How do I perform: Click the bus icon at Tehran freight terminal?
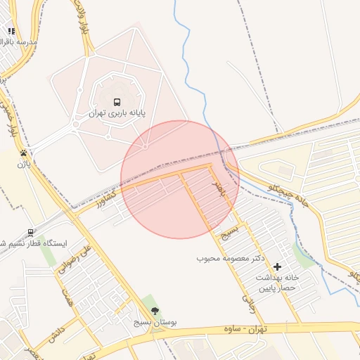[x=117, y=101]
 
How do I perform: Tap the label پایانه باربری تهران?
[x=116, y=112]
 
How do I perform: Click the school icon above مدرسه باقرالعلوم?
[x=11, y=31]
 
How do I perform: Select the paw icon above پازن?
[x=24, y=152]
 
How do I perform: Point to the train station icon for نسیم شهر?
[x=31, y=232]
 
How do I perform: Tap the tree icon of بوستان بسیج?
[x=155, y=311]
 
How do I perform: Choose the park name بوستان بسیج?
[x=155, y=322]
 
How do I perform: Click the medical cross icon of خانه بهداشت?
[x=278, y=266]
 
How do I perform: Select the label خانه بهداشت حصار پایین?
[x=277, y=283]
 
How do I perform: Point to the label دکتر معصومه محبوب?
[x=230, y=258]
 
